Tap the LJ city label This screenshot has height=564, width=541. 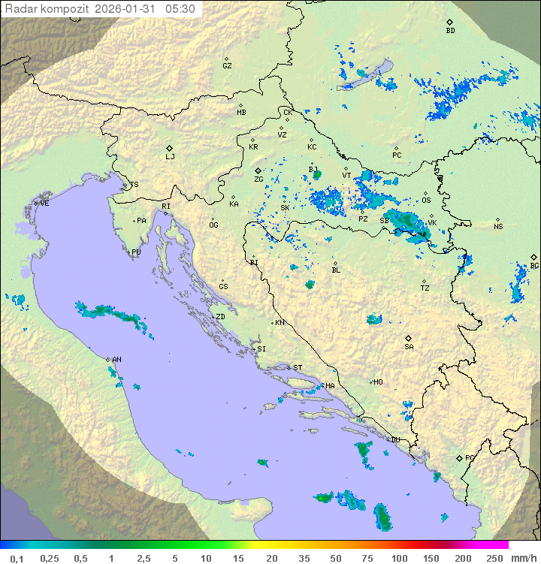[x=170, y=157]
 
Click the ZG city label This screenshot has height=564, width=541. [x=258, y=179]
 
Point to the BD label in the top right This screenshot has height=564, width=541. [x=450, y=31]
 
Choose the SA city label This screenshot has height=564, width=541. [x=409, y=346]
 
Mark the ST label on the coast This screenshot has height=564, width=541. [x=298, y=368]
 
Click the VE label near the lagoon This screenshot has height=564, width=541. [x=44, y=204]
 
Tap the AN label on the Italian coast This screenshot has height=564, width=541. [x=116, y=360]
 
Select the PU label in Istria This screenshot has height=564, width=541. [x=136, y=252]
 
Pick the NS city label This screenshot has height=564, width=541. [x=498, y=227]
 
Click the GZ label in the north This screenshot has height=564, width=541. [x=227, y=66]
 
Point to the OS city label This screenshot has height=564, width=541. [x=426, y=201]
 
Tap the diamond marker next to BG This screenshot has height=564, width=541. [x=534, y=257]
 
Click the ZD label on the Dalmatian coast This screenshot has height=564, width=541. [x=220, y=317]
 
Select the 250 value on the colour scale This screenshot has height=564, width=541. [x=494, y=558]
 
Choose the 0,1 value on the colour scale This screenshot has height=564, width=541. [x=17, y=558]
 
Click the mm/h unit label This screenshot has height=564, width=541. [x=521, y=558]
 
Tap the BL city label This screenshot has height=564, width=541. [x=336, y=270]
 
